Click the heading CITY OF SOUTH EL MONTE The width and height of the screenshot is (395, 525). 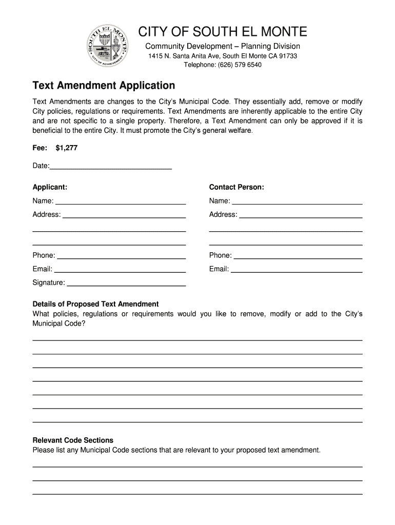click(x=223, y=32)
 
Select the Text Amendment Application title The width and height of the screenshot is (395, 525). click(x=104, y=85)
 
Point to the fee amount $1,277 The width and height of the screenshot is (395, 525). click(x=67, y=148)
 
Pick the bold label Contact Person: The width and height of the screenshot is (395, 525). click(x=236, y=187)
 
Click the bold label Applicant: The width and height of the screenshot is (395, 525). click(x=50, y=187)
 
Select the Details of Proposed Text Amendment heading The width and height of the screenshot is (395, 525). click(x=95, y=304)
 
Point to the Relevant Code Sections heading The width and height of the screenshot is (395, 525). click(x=73, y=440)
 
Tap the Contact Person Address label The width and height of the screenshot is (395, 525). click(x=223, y=214)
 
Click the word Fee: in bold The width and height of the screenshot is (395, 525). click(x=40, y=148)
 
